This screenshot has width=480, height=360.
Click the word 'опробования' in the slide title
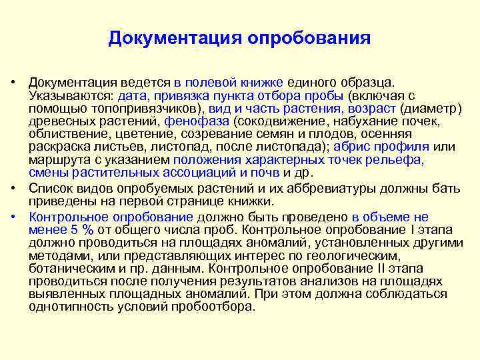point(309,38)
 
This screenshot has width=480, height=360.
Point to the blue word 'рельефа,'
point(400,160)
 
